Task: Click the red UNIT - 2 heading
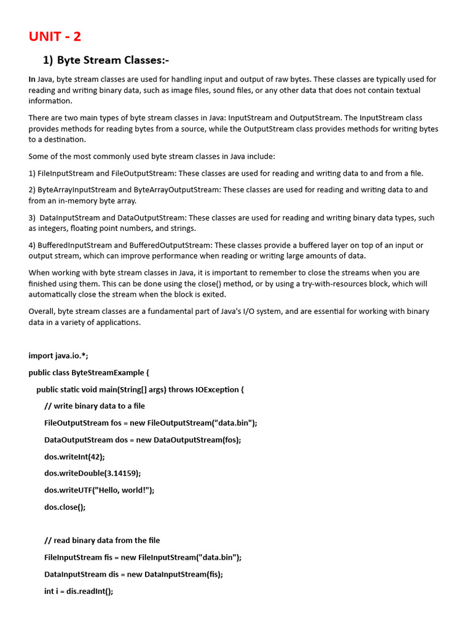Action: tap(55, 36)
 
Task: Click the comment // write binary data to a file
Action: tap(95, 406)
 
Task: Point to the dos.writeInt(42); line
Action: tap(74, 456)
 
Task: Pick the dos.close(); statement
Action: tap(65, 507)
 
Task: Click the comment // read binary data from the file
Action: tap(102, 541)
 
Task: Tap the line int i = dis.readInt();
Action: tap(79, 591)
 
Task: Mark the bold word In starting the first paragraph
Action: tap(32, 79)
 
